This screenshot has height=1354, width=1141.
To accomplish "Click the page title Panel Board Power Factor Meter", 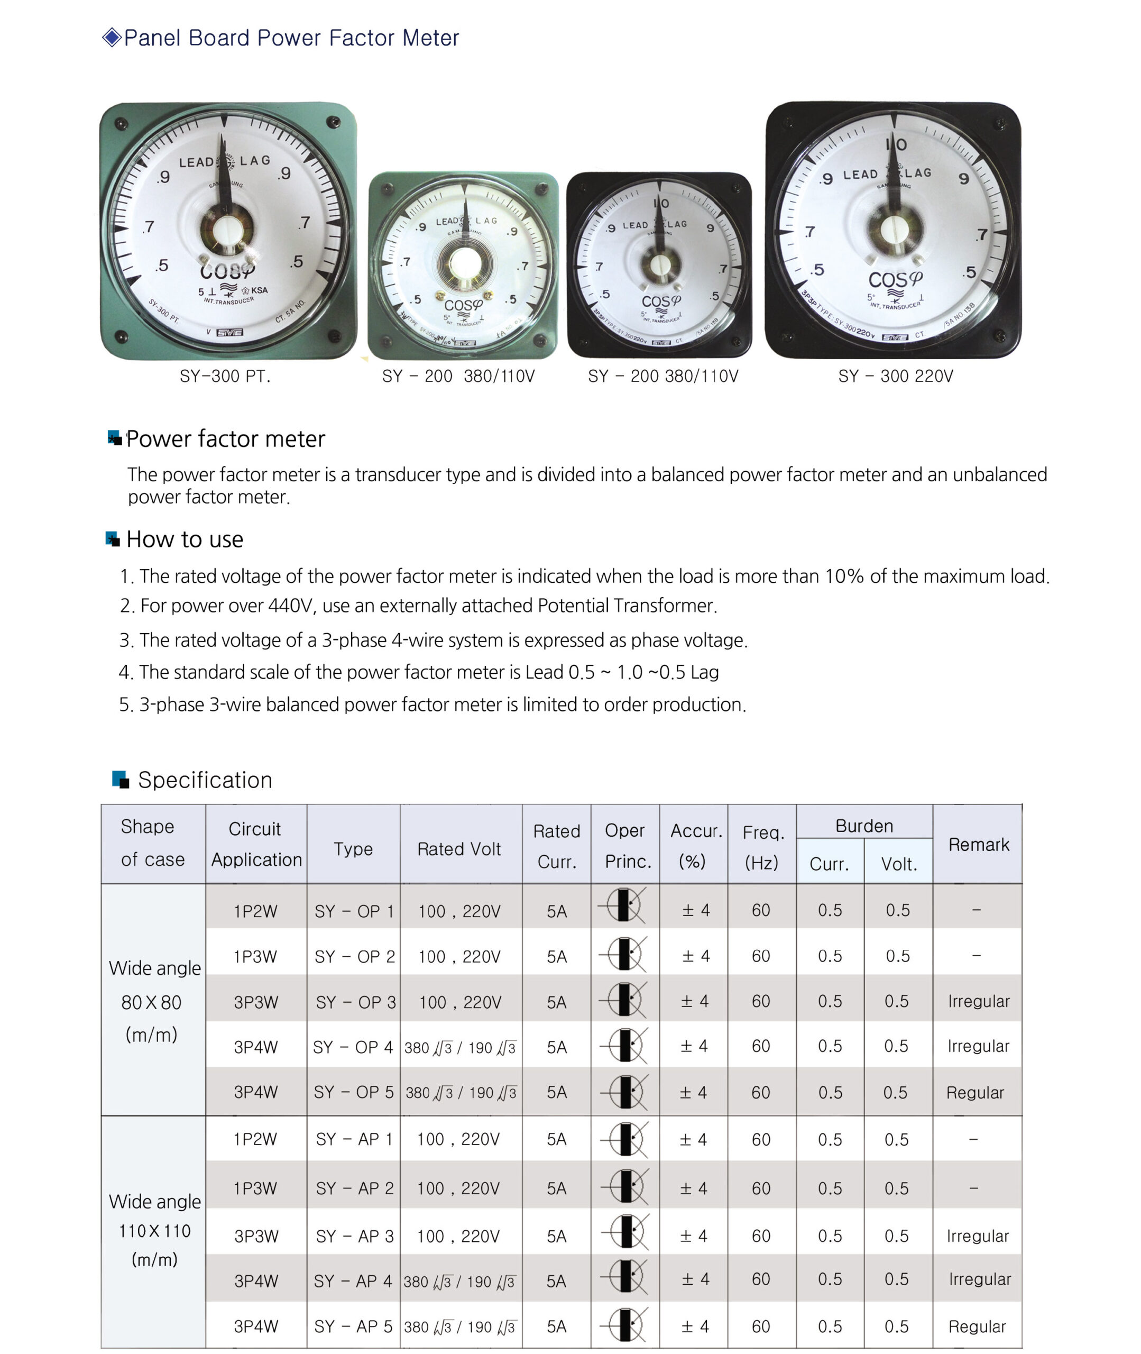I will pos(291,38).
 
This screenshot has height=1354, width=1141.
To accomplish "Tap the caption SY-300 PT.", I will pos(225,377).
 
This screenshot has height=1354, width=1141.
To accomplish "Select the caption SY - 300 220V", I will pos(895,377).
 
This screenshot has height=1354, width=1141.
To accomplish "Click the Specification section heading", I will pos(205,780).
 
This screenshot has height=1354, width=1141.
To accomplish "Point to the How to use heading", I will pos(185,539).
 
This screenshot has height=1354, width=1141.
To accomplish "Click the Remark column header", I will pos(978,845).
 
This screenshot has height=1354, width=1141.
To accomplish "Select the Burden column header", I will pos(864,826).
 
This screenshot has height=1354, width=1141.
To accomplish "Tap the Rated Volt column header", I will pos(459,849).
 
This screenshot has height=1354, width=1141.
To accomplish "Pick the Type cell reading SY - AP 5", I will pos(353,1326).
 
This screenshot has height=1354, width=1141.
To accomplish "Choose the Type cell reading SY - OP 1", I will pos(354,911).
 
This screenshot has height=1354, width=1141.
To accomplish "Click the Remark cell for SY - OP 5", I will pos(975,1093).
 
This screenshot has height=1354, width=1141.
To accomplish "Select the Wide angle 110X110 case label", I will pos(154,1230).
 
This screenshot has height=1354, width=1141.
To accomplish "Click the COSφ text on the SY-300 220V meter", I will pos(895,280).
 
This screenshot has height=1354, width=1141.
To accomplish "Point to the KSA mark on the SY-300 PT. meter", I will pos(258,290).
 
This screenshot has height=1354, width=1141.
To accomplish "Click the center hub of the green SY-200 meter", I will pos(463,263).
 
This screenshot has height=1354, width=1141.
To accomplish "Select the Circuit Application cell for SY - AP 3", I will pos(256,1236).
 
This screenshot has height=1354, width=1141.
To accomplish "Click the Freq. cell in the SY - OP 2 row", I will pos(761,956).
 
